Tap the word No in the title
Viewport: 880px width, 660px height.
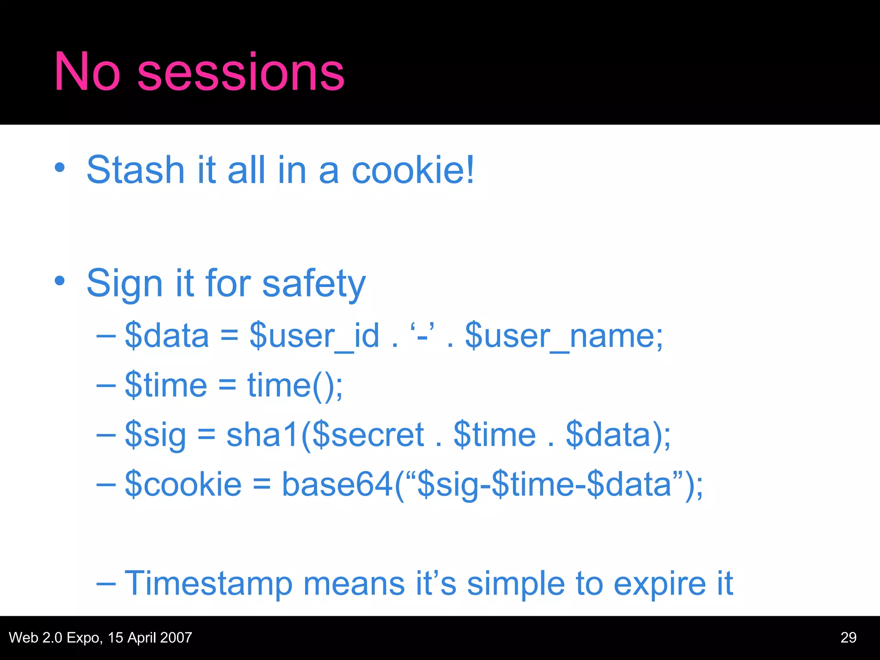coord(87,72)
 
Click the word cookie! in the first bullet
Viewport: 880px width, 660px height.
coord(413,170)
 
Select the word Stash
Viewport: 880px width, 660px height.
coord(135,170)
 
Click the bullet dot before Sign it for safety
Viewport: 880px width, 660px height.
coord(60,281)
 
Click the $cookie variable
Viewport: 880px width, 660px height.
coord(183,485)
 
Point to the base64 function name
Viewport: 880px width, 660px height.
coord(337,485)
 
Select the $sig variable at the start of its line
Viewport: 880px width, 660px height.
coord(155,435)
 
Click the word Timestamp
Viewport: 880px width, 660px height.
coord(208,584)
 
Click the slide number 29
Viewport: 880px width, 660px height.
coord(848,638)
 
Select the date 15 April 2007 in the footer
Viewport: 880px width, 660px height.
coord(150,638)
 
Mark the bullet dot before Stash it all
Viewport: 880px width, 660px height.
coord(60,168)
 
